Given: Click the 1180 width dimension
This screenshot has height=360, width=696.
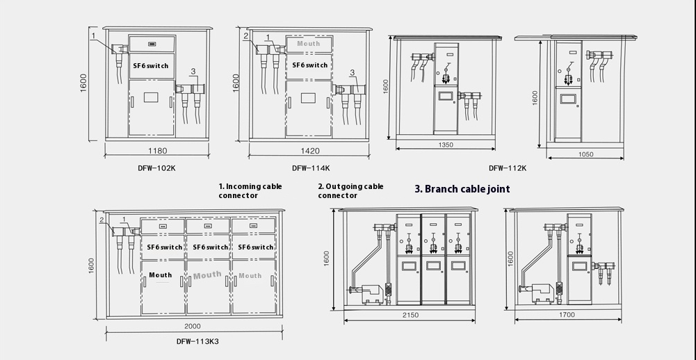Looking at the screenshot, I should point(158,151).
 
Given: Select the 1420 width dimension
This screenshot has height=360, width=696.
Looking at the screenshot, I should point(310,151).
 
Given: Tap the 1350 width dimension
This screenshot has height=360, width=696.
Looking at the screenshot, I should point(446,145).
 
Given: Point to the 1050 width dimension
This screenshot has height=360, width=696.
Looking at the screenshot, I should point(585,154).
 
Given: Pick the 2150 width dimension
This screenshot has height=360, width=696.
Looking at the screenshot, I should point(410,315).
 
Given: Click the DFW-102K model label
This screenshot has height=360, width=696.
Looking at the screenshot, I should point(156,167).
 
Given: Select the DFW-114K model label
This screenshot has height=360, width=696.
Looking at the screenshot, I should point(311,167).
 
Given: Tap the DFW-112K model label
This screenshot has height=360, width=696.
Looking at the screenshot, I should point(507,167).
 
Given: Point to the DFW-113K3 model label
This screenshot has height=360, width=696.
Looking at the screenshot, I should point(197,341).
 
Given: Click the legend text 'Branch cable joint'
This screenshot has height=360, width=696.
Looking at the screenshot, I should point(462,189).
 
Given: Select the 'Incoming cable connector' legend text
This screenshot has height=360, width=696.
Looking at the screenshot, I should point(250,191).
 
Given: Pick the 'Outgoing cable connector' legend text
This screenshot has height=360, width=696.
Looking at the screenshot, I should point(350,191).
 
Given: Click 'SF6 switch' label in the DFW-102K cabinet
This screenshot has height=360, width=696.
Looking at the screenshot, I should point(151,66).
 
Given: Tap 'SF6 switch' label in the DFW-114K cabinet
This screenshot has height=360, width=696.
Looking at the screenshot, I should point(309,65).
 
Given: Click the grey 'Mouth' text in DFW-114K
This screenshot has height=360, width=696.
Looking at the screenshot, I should point(308,44).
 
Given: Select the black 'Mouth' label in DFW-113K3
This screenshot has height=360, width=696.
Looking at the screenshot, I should point(160,275).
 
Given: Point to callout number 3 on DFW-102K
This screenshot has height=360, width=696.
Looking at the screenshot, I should point(193,72).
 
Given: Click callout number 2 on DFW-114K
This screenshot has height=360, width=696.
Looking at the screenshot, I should point(246,35).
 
